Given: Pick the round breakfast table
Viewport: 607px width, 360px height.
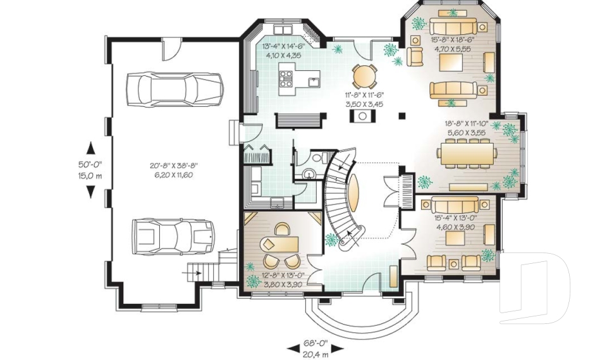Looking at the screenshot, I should pos(364,77).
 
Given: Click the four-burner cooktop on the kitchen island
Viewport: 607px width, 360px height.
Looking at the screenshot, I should pos(286,78).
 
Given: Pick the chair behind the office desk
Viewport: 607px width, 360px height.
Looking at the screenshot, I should pos(281,229).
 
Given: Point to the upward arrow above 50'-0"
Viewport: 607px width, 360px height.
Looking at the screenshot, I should pos(90,147).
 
